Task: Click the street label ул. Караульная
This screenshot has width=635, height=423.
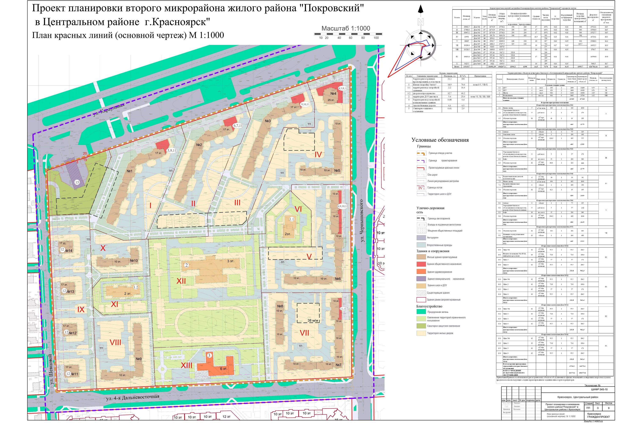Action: click(109, 110)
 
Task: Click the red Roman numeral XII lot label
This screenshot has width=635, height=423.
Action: click(181, 281)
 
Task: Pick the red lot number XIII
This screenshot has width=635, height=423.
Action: click(186, 365)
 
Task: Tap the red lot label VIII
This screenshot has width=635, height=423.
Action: click(115, 343)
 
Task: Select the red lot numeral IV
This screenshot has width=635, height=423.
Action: click(318, 155)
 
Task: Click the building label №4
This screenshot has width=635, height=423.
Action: click(333, 94)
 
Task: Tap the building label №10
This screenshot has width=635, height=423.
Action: click(134, 261)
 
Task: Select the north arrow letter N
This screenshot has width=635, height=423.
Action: click(421, 22)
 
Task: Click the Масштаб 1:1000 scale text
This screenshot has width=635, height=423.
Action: click(346, 28)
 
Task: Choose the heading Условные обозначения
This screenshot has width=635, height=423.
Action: click(440, 140)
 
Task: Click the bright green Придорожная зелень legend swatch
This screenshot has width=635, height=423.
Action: click(421, 312)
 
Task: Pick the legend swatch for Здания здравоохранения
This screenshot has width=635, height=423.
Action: click(421, 272)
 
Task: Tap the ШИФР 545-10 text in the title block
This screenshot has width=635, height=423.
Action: click(599, 389)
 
